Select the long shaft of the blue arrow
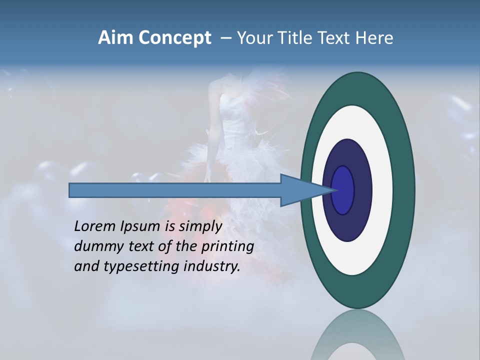pyautogui.click(x=175, y=190)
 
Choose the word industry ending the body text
pyautogui.click(x=212, y=267)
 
